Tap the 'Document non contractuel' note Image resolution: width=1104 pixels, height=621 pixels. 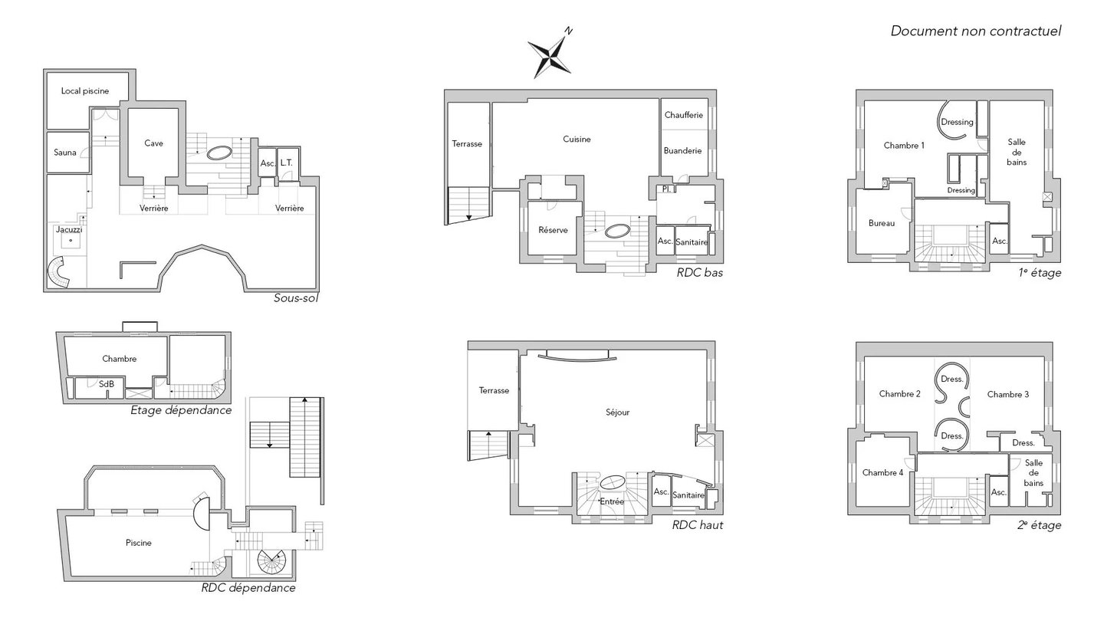pyautogui.click(x=975, y=31)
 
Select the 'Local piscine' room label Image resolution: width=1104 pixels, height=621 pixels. pyautogui.click(x=85, y=90)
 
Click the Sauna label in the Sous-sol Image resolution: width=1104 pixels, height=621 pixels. pyautogui.click(x=65, y=153)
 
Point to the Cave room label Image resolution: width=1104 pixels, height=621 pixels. pyautogui.click(x=153, y=143)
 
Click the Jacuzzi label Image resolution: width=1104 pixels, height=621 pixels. pyautogui.click(x=69, y=230)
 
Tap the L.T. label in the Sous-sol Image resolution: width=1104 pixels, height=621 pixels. pyautogui.click(x=287, y=163)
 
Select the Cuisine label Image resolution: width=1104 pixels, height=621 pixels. pyautogui.click(x=577, y=139)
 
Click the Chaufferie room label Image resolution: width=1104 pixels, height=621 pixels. pyautogui.click(x=684, y=115)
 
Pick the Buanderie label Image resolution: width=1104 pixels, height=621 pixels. pyautogui.click(x=682, y=150)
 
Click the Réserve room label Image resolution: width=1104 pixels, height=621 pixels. pyautogui.click(x=553, y=230)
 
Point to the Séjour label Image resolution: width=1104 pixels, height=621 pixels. pyautogui.click(x=618, y=412)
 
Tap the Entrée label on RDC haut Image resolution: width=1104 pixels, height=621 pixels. pyautogui.click(x=612, y=501)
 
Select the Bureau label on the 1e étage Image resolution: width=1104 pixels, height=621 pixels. pyautogui.click(x=882, y=223)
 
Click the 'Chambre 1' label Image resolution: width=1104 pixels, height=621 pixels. pyautogui.click(x=904, y=146)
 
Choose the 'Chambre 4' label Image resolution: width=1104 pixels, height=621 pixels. pyautogui.click(x=882, y=472)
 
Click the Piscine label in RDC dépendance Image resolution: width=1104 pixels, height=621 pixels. pyautogui.click(x=139, y=543)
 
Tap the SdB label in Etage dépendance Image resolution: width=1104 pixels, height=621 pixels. pyautogui.click(x=107, y=383)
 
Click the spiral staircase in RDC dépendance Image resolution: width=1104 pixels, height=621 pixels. pyautogui.click(x=271, y=563)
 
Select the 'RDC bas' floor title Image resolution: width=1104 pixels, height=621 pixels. pyautogui.click(x=699, y=273)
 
